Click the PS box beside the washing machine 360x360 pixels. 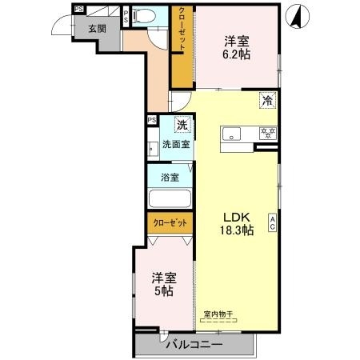(x=151, y=120)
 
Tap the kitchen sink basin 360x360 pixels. (x=235, y=133)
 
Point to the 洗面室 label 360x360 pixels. (x=175, y=145)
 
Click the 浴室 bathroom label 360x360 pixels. (x=169, y=177)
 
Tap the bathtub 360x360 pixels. (x=170, y=199)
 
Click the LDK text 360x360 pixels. (x=237, y=217)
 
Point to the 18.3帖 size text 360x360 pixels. (x=237, y=230)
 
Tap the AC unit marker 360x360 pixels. (x=272, y=222)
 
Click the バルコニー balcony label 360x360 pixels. (x=194, y=345)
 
